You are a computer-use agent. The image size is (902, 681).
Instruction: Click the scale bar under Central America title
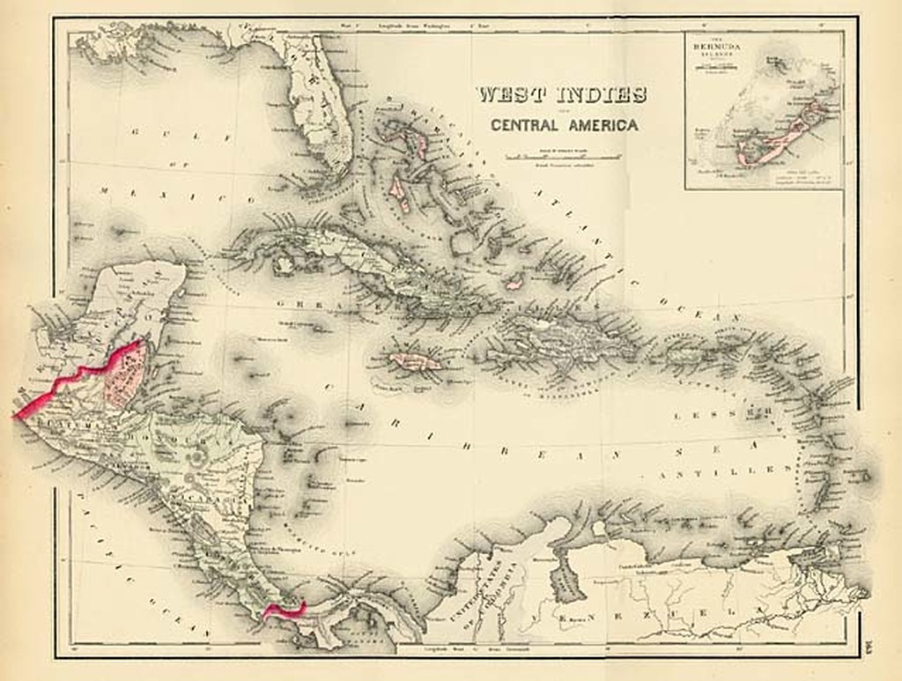(x=564, y=156)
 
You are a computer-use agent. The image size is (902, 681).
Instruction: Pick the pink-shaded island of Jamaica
(x=416, y=361)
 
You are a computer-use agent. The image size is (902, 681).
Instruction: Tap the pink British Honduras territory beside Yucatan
(x=126, y=377)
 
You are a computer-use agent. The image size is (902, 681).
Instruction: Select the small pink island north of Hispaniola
(x=514, y=283)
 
